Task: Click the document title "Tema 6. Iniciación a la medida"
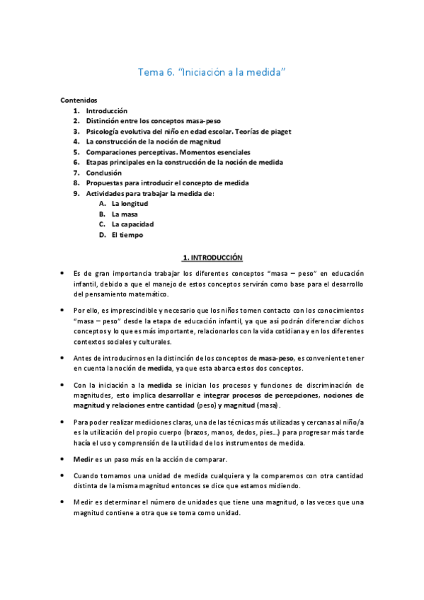[211, 72]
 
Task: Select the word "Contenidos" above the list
[79, 100]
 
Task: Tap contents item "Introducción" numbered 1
[106, 110]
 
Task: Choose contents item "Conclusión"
[103, 173]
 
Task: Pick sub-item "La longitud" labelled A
[130, 204]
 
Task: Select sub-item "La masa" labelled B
[124, 214]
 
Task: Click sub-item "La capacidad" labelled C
[132, 224]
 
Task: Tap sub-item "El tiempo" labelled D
[127, 235]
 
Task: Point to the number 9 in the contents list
[76, 193]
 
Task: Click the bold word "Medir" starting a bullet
[84, 459]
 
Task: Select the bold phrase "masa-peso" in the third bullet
[279, 358]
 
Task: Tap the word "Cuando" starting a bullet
[87, 474]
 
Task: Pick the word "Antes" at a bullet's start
[85, 358]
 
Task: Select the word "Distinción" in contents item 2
[105, 121]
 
